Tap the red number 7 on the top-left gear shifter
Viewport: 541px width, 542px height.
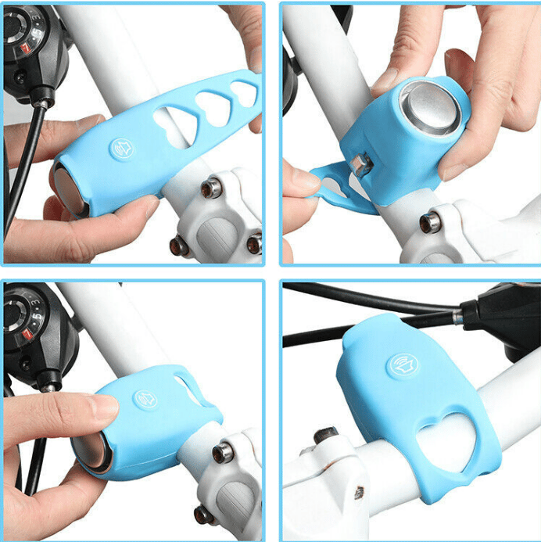point(25,49)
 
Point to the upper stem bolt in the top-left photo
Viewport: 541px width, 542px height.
point(212,188)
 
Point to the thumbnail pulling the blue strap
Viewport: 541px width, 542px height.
point(306,179)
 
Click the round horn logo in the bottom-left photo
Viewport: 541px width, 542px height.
point(145,399)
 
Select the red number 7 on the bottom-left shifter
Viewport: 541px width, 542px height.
point(23,335)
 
